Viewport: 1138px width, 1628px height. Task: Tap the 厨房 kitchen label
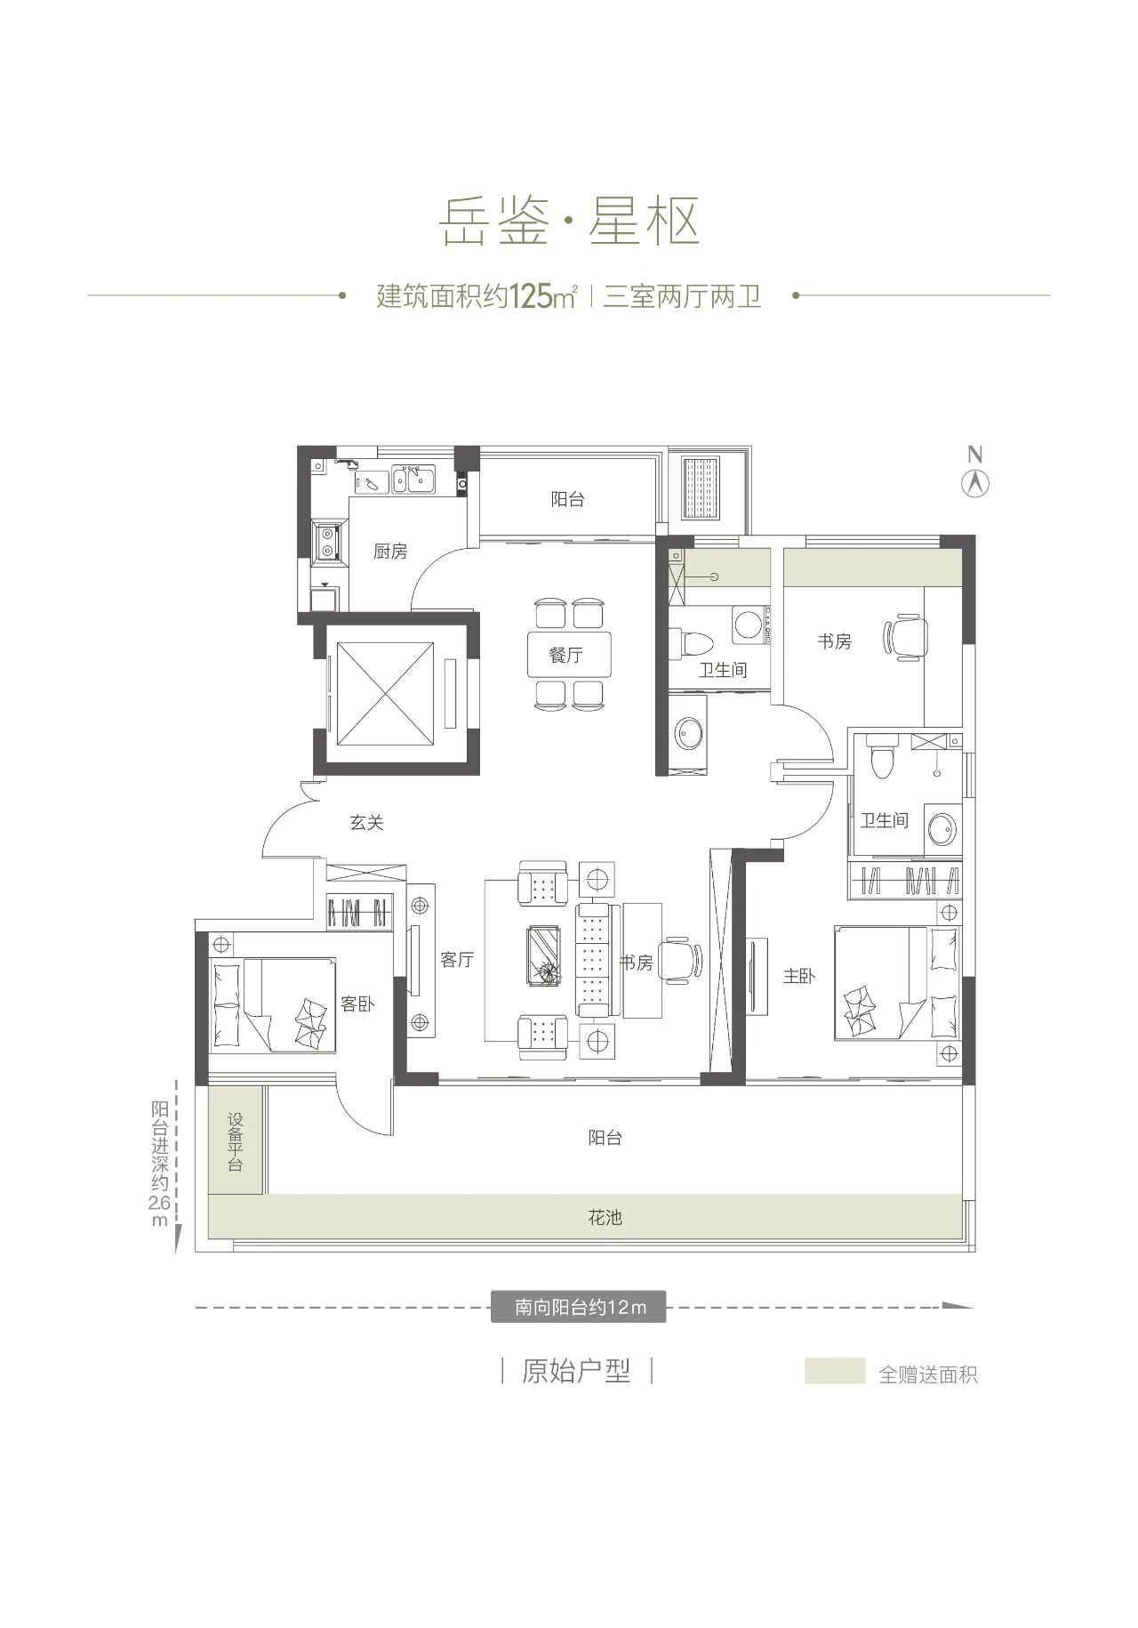point(390,552)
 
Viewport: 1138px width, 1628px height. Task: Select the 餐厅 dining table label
point(567,656)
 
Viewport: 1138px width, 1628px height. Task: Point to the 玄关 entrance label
point(366,823)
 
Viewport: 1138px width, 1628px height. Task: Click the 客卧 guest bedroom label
point(357,1003)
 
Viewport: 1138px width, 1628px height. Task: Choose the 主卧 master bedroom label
point(798,976)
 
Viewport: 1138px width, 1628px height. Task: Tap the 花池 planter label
point(605,1217)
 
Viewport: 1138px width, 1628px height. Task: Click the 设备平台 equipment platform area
point(236,1141)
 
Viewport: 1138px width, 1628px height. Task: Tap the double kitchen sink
point(414,480)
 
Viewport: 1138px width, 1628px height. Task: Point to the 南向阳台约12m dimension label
point(578,1308)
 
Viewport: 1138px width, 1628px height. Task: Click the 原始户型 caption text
point(576,1371)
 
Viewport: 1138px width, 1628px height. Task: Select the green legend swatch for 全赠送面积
point(835,1371)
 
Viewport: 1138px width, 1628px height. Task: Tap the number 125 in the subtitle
point(531,296)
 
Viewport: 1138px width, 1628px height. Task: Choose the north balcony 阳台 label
point(567,500)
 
